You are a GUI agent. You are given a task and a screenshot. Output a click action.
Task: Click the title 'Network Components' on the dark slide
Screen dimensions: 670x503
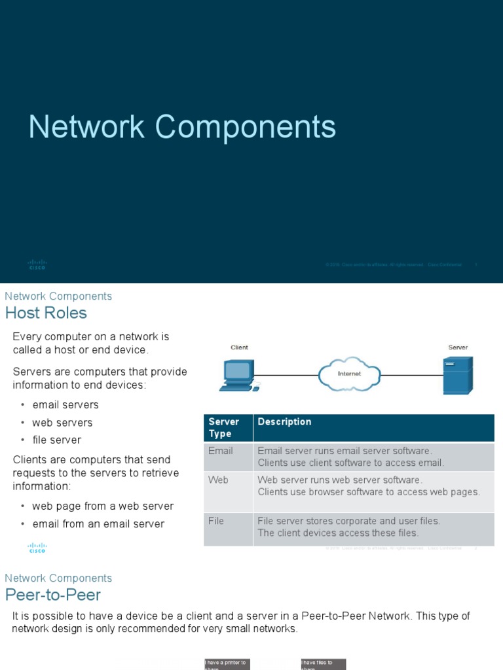click(x=182, y=127)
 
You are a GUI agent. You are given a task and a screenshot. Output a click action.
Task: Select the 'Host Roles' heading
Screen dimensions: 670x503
click(x=46, y=313)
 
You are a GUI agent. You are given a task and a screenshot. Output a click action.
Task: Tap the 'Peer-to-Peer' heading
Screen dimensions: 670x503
click(x=53, y=595)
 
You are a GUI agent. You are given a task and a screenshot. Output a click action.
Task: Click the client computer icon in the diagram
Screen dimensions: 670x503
click(x=238, y=376)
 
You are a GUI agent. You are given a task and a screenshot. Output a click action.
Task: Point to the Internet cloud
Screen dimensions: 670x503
click(x=349, y=374)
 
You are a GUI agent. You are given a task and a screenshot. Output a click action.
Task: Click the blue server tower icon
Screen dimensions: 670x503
click(x=457, y=376)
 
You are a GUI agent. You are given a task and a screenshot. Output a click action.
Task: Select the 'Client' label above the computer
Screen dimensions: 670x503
click(x=239, y=347)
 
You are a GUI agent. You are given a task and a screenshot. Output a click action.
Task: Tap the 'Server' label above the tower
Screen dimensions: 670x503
click(x=458, y=347)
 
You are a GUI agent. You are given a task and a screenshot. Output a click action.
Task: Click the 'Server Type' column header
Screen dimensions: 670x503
click(x=224, y=427)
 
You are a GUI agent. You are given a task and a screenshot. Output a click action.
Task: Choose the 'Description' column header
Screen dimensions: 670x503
click(x=284, y=422)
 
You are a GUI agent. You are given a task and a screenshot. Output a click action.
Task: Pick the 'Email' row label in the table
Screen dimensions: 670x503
click(x=221, y=451)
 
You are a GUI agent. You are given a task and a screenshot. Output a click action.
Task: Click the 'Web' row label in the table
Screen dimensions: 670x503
click(x=218, y=480)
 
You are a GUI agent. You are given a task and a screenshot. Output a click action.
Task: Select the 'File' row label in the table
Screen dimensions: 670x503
click(x=216, y=521)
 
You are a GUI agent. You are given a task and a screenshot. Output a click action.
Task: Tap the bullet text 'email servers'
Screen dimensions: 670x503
click(x=65, y=405)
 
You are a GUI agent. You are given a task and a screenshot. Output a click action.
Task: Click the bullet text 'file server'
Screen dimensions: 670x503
click(x=57, y=440)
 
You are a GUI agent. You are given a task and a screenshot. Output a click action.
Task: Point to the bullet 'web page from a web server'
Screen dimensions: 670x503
click(x=103, y=506)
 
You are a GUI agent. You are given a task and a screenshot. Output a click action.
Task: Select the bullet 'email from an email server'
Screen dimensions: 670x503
click(x=98, y=523)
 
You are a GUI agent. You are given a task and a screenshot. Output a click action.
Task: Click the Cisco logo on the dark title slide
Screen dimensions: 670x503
click(x=37, y=264)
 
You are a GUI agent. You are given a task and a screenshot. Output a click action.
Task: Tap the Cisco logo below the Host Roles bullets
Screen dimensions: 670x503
click(x=37, y=548)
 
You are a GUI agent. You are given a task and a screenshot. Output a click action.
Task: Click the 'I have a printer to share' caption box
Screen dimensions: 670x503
click(x=227, y=664)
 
